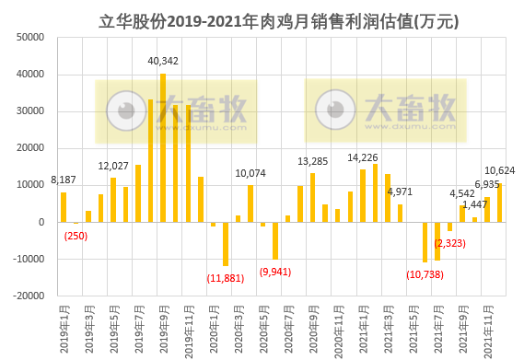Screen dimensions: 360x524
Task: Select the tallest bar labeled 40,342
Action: [x=163, y=147]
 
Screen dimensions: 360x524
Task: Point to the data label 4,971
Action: [x=400, y=192]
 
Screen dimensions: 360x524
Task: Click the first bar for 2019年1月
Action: [x=64, y=206]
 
